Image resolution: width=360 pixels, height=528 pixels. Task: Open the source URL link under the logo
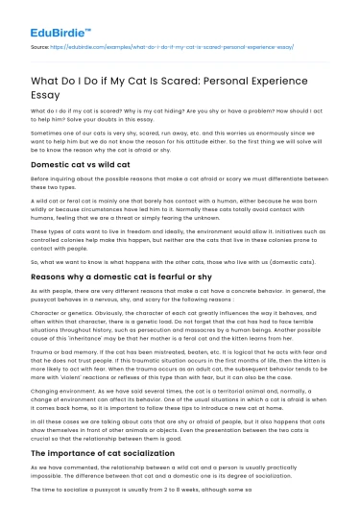(173, 46)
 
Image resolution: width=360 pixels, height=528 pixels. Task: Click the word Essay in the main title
(51, 96)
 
